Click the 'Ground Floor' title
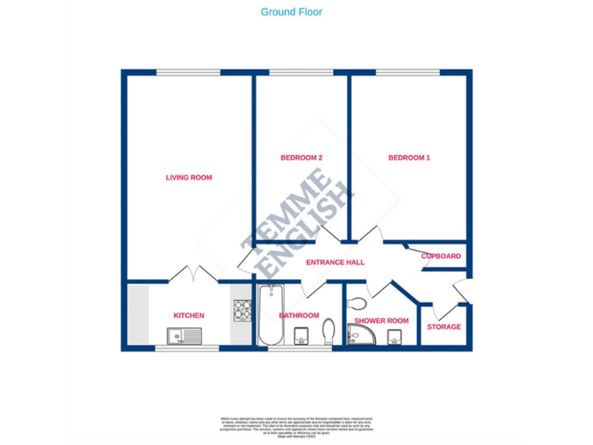point(291,12)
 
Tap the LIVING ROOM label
point(188,178)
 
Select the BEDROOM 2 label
point(300,158)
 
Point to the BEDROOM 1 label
point(408,158)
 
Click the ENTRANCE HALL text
point(335,263)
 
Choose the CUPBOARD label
point(441,256)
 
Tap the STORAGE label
point(444,327)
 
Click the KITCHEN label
point(188,315)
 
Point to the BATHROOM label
point(299,315)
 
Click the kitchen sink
point(184,336)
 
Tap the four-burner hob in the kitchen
point(242,310)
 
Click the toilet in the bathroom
point(328,331)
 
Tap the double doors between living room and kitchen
point(188,274)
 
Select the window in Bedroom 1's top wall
point(408,73)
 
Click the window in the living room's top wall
point(188,73)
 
